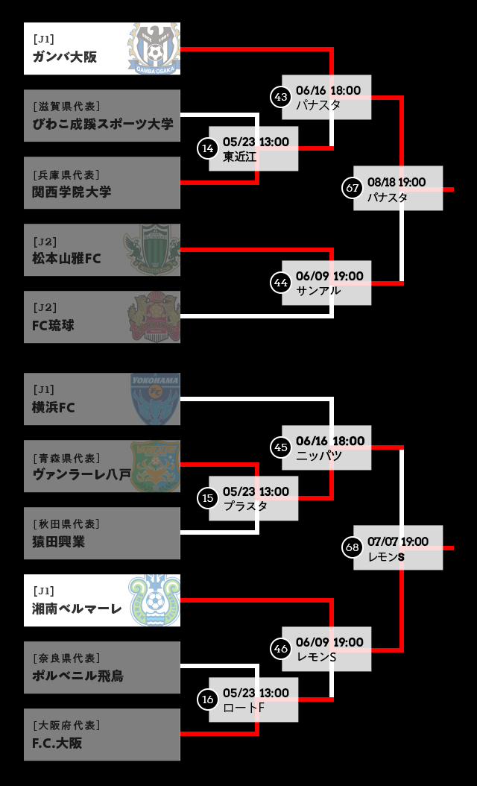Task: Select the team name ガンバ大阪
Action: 65,57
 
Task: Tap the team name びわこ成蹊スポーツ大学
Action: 103,124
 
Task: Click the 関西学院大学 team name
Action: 72,192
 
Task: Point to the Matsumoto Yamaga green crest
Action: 153,250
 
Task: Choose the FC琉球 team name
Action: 53,326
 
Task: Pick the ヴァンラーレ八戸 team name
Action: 81,474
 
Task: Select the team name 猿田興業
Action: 59,542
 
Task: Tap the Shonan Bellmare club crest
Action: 154,600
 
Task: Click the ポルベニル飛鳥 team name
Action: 78,676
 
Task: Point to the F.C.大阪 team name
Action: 57,743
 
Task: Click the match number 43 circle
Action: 280,96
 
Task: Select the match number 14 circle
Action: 207,148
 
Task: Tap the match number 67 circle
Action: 352,188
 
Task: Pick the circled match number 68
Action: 352,547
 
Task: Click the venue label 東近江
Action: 239,157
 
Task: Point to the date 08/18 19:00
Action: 397,182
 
